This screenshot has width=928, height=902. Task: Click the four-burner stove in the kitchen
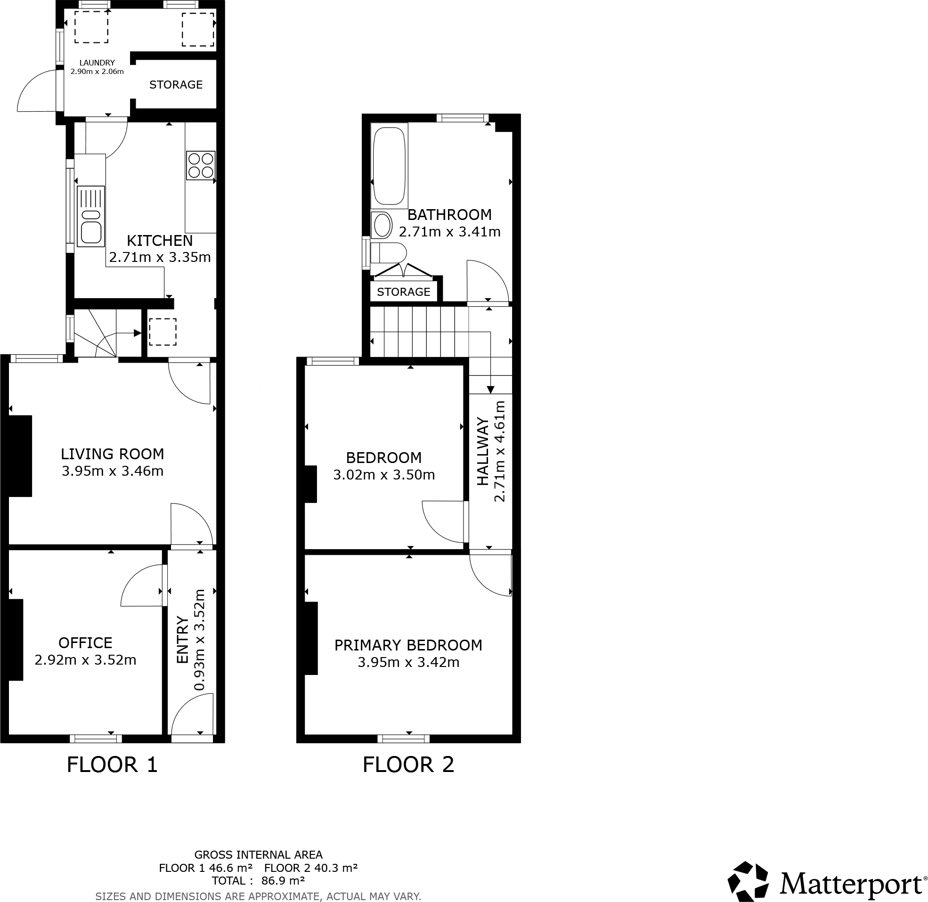[201, 165]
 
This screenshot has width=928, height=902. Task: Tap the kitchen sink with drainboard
[90, 217]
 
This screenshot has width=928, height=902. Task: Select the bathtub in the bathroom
[389, 166]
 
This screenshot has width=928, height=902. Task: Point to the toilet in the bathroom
[388, 253]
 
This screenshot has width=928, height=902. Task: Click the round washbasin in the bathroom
[382, 226]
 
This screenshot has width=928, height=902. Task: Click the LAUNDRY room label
[97, 63]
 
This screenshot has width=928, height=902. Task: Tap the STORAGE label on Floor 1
[176, 85]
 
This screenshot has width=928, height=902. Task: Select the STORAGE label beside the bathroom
[404, 292]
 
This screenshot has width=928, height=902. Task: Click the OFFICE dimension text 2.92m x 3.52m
[85, 659]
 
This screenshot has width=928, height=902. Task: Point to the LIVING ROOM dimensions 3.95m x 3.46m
[112, 471]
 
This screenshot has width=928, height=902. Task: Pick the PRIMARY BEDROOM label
[408, 645]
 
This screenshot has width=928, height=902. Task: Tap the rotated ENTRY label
[183, 640]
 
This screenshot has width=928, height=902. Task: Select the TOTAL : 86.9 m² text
[258, 881]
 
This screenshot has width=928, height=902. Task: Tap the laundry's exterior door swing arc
[35, 90]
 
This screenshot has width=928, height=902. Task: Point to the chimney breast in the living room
[20, 456]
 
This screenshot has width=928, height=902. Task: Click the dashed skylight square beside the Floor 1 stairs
[163, 332]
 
